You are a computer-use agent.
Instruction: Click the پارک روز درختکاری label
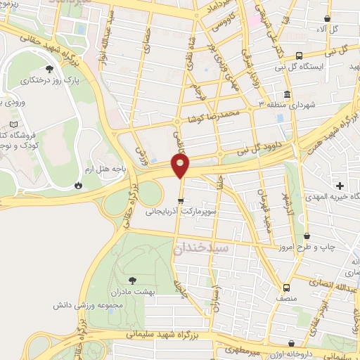tap(49, 81)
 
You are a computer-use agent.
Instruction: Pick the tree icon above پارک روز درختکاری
tap(49, 69)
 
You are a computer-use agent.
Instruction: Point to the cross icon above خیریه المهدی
tap(340, 186)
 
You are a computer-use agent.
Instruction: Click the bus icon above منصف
tap(285, 288)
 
